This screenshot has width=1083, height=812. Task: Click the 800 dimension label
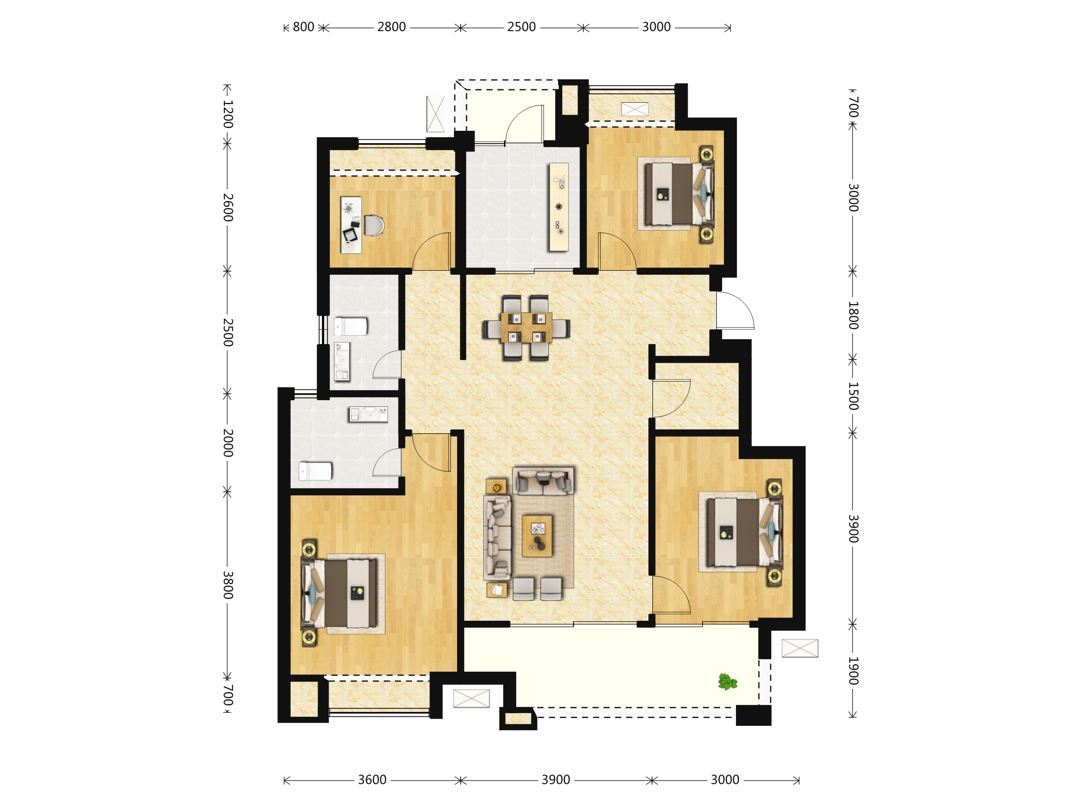tap(304, 27)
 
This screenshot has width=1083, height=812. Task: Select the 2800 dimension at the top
tap(391, 27)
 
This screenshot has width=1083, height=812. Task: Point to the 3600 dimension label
tap(372, 780)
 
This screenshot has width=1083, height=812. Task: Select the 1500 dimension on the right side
tap(853, 396)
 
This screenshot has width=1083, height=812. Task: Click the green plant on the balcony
tap(727, 681)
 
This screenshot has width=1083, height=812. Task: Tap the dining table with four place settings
tap(526, 328)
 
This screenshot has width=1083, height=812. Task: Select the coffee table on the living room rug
tap(537, 536)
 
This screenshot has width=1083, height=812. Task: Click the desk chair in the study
tap(374, 226)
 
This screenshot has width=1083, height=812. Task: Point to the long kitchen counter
tap(559, 207)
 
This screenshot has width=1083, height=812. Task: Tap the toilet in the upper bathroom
tap(351, 326)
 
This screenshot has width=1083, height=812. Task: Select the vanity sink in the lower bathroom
tap(368, 415)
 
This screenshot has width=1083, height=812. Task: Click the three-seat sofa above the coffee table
tap(543, 480)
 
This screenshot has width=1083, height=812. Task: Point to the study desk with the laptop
tap(351, 225)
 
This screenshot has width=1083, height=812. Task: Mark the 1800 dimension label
tap(853, 315)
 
